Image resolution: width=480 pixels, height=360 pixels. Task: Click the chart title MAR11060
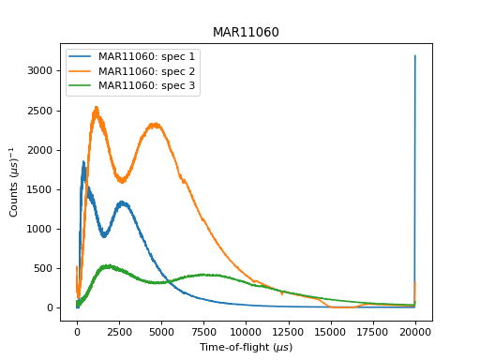coord(246,33)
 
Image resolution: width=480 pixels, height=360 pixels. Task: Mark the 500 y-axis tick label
coord(47,268)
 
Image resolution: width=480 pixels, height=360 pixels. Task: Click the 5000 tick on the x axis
coord(161,331)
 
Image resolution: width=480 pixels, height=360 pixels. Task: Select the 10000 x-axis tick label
coord(246,331)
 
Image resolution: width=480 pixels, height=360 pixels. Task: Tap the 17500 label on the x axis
coord(373,331)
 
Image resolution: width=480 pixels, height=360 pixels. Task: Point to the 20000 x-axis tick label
coord(415,331)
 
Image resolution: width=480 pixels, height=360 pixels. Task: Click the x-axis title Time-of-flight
coord(246,347)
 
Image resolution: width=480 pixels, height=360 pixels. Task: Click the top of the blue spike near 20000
coord(415,56)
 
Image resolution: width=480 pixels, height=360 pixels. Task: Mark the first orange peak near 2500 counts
coord(96,109)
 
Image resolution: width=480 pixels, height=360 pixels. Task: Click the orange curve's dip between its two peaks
coord(122,180)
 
